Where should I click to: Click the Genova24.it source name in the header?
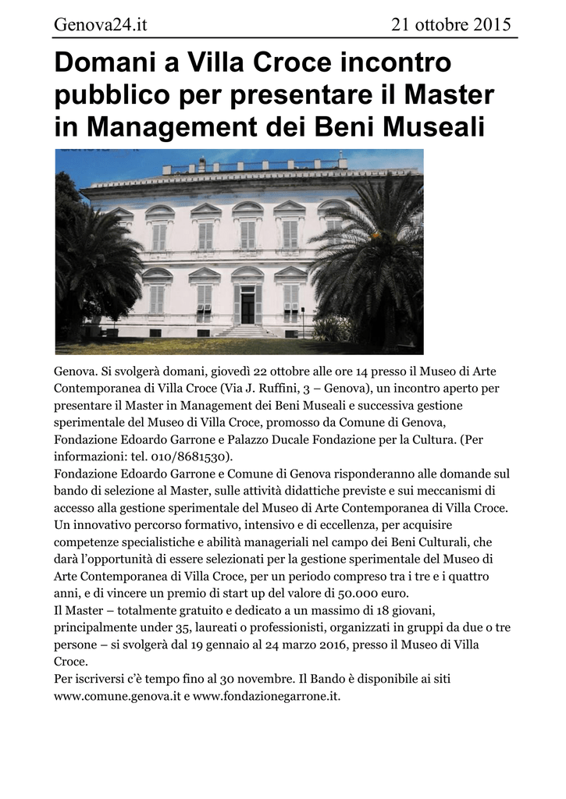click(x=100, y=25)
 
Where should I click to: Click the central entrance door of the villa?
click(x=247, y=305)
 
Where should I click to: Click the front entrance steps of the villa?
click(x=246, y=331)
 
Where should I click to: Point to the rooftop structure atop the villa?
click(x=254, y=165)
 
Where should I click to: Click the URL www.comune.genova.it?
click(x=116, y=696)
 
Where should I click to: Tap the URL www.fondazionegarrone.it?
click(x=265, y=696)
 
